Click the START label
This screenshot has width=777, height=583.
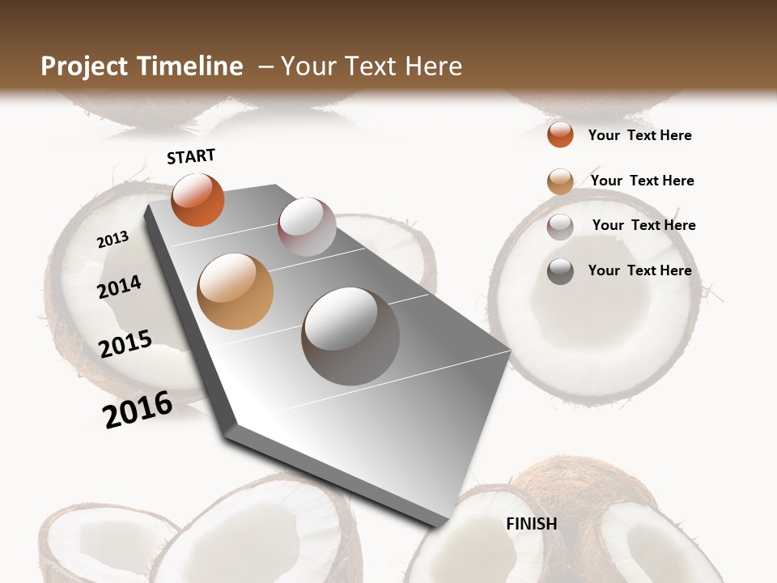point(191,155)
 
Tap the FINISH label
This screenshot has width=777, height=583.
point(531,524)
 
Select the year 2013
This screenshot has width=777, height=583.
point(113,240)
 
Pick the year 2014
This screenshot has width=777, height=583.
point(119,287)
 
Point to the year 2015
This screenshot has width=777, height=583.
point(125,343)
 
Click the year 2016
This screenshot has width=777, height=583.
point(138,408)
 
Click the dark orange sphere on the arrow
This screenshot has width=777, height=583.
point(197,199)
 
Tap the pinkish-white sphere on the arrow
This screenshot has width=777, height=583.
point(307,227)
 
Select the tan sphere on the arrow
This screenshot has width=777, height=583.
point(235,291)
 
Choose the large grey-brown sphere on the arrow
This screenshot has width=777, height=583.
point(350,335)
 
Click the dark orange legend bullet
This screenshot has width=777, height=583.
point(560,134)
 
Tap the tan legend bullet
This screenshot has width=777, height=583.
point(560,181)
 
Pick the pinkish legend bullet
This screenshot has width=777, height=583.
point(560,227)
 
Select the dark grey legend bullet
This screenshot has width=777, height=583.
point(560,271)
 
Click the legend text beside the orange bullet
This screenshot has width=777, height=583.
point(639,135)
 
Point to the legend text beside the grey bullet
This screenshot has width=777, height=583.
point(639,270)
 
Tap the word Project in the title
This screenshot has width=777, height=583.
point(84,66)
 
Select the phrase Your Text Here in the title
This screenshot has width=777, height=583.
point(372,66)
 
